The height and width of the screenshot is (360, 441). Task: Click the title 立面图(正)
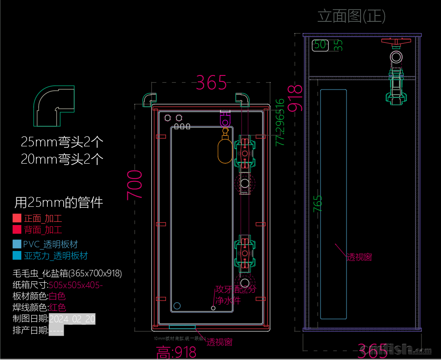(351, 16)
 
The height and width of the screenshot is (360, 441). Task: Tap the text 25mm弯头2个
(62, 142)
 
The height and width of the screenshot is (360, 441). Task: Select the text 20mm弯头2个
(62, 159)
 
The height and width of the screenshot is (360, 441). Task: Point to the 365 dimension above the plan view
(211, 83)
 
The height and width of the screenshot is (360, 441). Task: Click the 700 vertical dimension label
(135, 185)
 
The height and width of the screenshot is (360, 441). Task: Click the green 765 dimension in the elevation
(318, 203)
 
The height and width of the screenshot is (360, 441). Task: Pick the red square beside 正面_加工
(17, 218)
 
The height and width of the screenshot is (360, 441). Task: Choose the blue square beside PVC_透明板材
(17, 244)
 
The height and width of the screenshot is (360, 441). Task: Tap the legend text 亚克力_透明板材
(55, 255)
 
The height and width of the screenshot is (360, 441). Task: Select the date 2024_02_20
(72, 319)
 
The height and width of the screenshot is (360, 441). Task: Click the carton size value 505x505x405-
(75, 285)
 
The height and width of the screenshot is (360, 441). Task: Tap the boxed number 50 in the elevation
(320, 45)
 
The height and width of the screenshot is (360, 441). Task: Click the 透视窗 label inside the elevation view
(359, 257)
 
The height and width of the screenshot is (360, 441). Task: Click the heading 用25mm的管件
(59, 202)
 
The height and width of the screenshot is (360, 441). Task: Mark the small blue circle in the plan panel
(177, 305)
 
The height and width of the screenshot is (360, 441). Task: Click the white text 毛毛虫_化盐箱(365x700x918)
(67, 274)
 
